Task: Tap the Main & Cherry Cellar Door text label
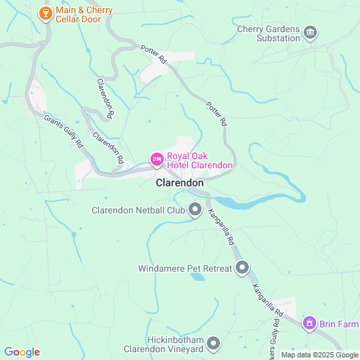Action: pos(84,15)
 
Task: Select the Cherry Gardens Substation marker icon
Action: pos(310,32)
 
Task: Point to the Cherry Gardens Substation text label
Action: pos(268,33)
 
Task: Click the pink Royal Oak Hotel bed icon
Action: pos(156,158)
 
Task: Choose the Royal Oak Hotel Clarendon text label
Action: pos(200,160)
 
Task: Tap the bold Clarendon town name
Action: pos(179,183)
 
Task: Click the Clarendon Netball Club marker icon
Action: pos(194,209)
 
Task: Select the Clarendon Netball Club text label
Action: pos(138,211)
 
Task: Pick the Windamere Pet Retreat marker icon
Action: pos(243,267)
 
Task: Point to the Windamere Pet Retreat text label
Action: pos(185,268)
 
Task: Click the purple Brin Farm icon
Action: pos(309,323)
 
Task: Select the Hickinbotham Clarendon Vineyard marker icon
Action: pos(213,344)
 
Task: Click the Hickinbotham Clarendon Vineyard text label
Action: pos(163,345)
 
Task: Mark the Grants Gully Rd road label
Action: pos(63,131)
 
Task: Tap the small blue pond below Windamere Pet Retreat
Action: pos(196,277)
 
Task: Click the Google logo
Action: pos(21,352)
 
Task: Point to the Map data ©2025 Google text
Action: pos(319,355)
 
